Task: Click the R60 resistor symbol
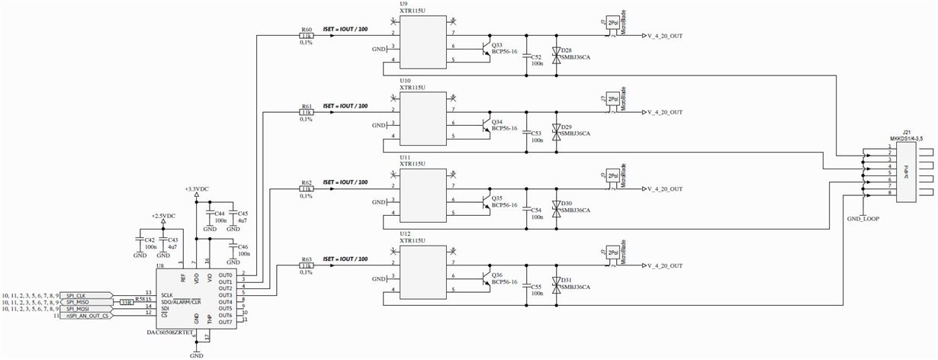click(306, 35)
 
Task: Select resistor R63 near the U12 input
click(306, 265)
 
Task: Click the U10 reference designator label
click(406, 79)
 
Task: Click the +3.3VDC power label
click(196, 188)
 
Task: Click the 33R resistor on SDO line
click(126, 302)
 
